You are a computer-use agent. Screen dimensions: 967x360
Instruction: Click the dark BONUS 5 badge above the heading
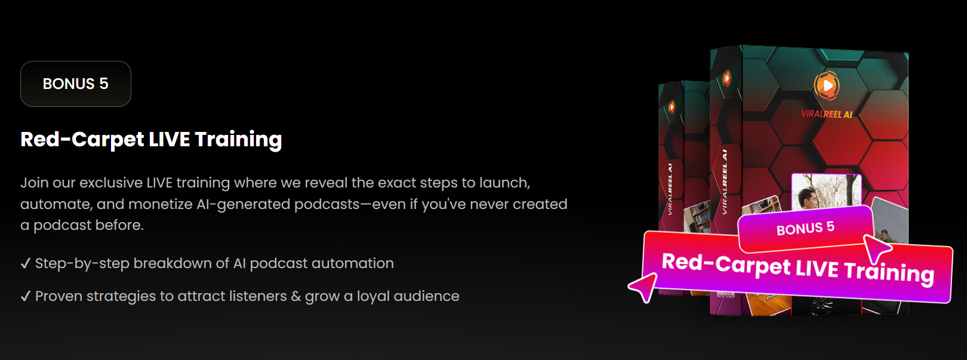[x=76, y=84]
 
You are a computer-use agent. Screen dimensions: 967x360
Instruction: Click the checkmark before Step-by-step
[x=26, y=263]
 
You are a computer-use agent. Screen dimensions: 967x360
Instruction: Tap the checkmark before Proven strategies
[x=26, y=296]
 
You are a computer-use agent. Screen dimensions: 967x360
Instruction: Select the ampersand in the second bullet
[x=295, y=296]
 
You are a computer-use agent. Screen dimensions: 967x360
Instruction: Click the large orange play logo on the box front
[x=827, y=85]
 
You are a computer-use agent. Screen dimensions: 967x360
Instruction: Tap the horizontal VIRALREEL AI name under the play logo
[x=827, y=114]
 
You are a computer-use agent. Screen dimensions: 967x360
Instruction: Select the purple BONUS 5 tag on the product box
[x=806, y=228]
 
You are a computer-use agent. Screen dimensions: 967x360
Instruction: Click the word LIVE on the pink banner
[x=817, y=269]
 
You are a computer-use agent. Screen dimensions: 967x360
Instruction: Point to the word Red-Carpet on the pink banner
[x=726, y=264]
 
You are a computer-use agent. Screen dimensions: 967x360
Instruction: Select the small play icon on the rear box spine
[x=672, y=106]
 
